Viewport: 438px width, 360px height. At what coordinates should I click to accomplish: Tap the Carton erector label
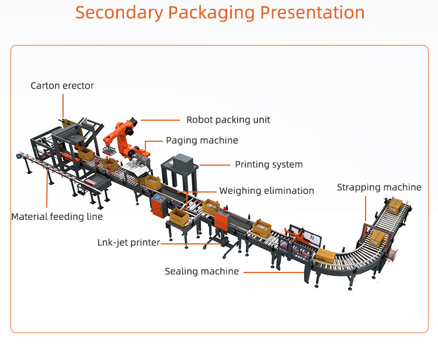pos(62,86)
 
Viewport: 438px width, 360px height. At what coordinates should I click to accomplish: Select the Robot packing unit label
pos(228,120)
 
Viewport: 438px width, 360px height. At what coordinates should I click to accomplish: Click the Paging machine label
pos(202,141)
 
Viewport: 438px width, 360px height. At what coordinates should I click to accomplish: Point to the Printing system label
pos(269,165)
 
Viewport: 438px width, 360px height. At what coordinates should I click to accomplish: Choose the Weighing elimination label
pos(266,191)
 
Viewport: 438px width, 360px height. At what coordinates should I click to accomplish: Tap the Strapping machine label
pos(379,187)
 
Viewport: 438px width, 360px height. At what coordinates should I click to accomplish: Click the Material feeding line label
pos(57,216)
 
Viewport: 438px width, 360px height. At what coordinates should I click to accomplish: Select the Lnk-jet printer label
pos(128,242)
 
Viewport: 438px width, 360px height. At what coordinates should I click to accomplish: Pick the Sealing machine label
pos(201,271)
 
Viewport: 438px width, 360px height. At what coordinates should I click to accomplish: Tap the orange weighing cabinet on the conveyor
pos(223,218)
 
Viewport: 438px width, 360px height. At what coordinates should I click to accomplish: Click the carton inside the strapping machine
pos(377,236)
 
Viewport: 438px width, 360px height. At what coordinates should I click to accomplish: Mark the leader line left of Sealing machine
pos(273,271)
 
